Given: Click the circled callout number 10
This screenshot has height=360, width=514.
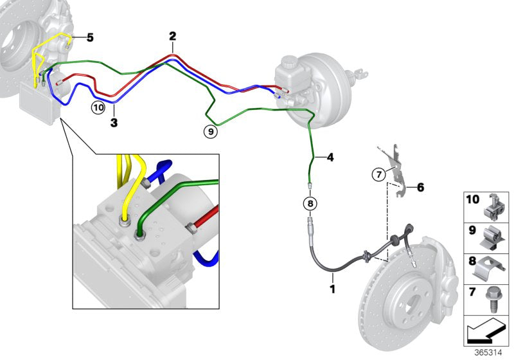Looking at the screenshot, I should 97,107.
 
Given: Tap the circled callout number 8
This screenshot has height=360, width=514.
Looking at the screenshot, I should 310,204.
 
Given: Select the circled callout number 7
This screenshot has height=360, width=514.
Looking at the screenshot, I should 378,174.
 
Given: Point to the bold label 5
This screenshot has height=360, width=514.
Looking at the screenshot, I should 90,38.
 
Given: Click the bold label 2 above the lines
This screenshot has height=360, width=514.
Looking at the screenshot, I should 172,36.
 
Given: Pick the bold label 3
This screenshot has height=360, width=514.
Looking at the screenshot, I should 113,122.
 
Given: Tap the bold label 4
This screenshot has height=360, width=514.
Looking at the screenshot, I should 331,156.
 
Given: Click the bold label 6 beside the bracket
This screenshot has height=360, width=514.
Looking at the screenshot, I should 420,188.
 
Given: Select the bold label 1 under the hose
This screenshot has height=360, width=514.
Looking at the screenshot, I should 333,290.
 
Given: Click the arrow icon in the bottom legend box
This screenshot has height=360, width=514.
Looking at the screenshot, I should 485,333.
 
